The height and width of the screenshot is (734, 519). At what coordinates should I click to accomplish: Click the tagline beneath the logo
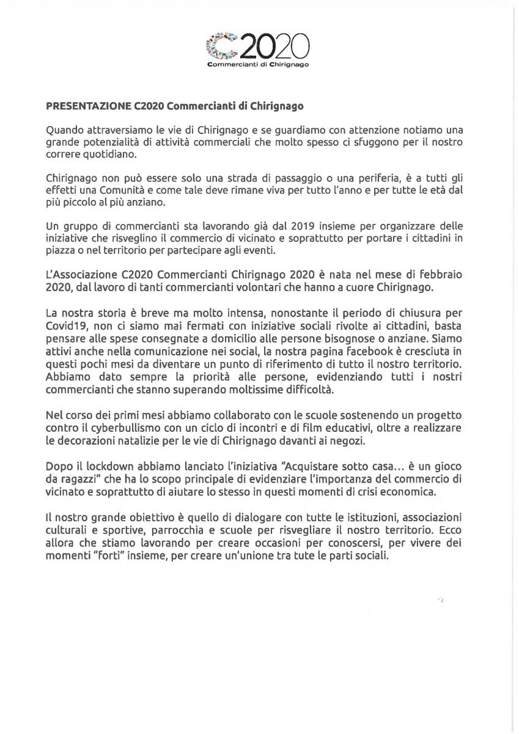point(258,64)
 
